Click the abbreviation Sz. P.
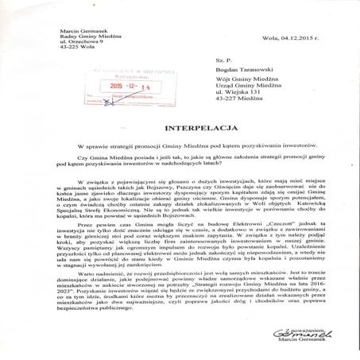point(208,60)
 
